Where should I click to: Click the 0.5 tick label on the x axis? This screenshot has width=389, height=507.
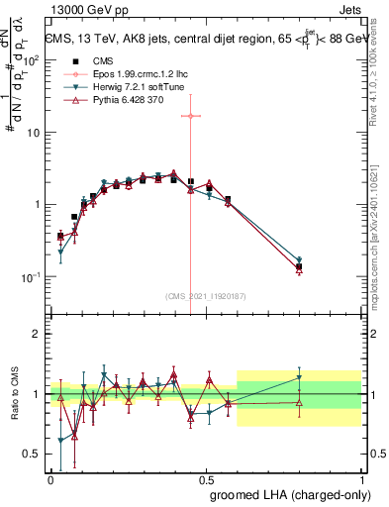coord(206,479)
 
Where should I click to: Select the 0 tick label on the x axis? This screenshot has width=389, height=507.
coord(51,479)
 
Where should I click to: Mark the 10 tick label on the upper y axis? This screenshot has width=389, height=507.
coord(35,132)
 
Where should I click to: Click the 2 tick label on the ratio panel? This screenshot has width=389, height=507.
coord(37,334)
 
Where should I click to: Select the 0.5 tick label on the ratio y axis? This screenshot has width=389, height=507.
coord(33,455)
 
